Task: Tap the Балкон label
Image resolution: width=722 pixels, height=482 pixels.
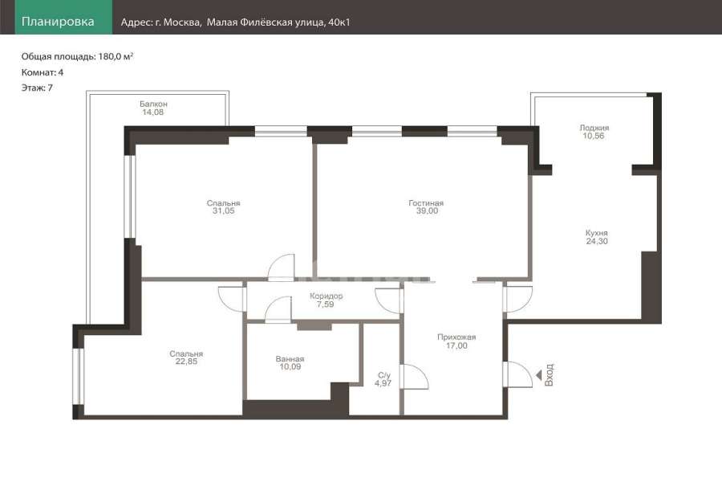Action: [x=153, y=104]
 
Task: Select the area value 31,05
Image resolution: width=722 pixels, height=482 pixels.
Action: [x=223, y=210]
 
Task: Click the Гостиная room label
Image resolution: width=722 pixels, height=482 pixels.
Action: [x=426, y=203]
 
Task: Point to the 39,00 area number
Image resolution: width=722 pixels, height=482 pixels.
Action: [x=427, y=210]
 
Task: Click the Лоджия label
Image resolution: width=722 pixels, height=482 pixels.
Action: [x=594, y=128]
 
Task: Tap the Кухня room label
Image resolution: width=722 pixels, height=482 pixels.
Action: [x=596, y=233]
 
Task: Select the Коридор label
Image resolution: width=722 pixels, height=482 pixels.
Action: [x=326, y=296]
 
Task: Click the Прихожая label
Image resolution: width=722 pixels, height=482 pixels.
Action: [x=456, y=337]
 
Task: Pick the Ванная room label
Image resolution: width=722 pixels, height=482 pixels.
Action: [x=290, y=359]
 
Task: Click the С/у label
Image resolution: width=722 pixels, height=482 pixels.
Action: [x=383, y=375]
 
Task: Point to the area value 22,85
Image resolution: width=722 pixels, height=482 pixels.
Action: [x=186, y=361]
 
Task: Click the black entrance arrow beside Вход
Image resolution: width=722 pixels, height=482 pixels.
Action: [x=537, y=375]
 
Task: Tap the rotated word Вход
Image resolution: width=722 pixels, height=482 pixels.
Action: [x=549, y=375]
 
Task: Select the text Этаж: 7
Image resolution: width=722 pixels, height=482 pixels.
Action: [x=37, y=88]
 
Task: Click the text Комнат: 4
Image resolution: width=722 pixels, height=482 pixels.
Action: [x=43, y=72]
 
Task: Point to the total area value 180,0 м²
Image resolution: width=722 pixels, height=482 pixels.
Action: [x=116, y=56]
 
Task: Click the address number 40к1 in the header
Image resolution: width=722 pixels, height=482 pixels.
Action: [x=339, y=22]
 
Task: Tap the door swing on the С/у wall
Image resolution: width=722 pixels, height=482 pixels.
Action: [x=415, y=377]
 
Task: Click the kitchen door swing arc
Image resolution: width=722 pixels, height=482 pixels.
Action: [x=518, y=300]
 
